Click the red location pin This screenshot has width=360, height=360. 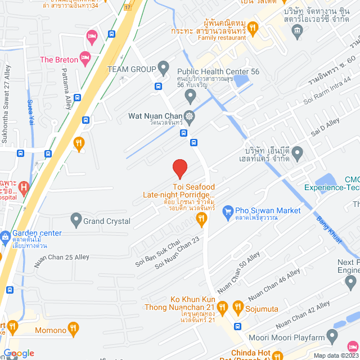(x=179, y=168)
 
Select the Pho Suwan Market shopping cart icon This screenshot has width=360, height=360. (x=228, y=211)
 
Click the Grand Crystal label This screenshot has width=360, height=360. (x=107, y=221)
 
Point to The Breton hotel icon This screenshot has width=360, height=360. (x=85, y=57)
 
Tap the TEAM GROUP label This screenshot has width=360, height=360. (x=131, y=69)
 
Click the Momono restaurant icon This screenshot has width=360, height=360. (x=73, y=327)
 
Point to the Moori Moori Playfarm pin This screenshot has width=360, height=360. (x=332, y=338)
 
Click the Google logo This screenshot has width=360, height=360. (x=19, y=353)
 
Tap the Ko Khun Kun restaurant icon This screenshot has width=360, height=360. (x=222, y=307)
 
